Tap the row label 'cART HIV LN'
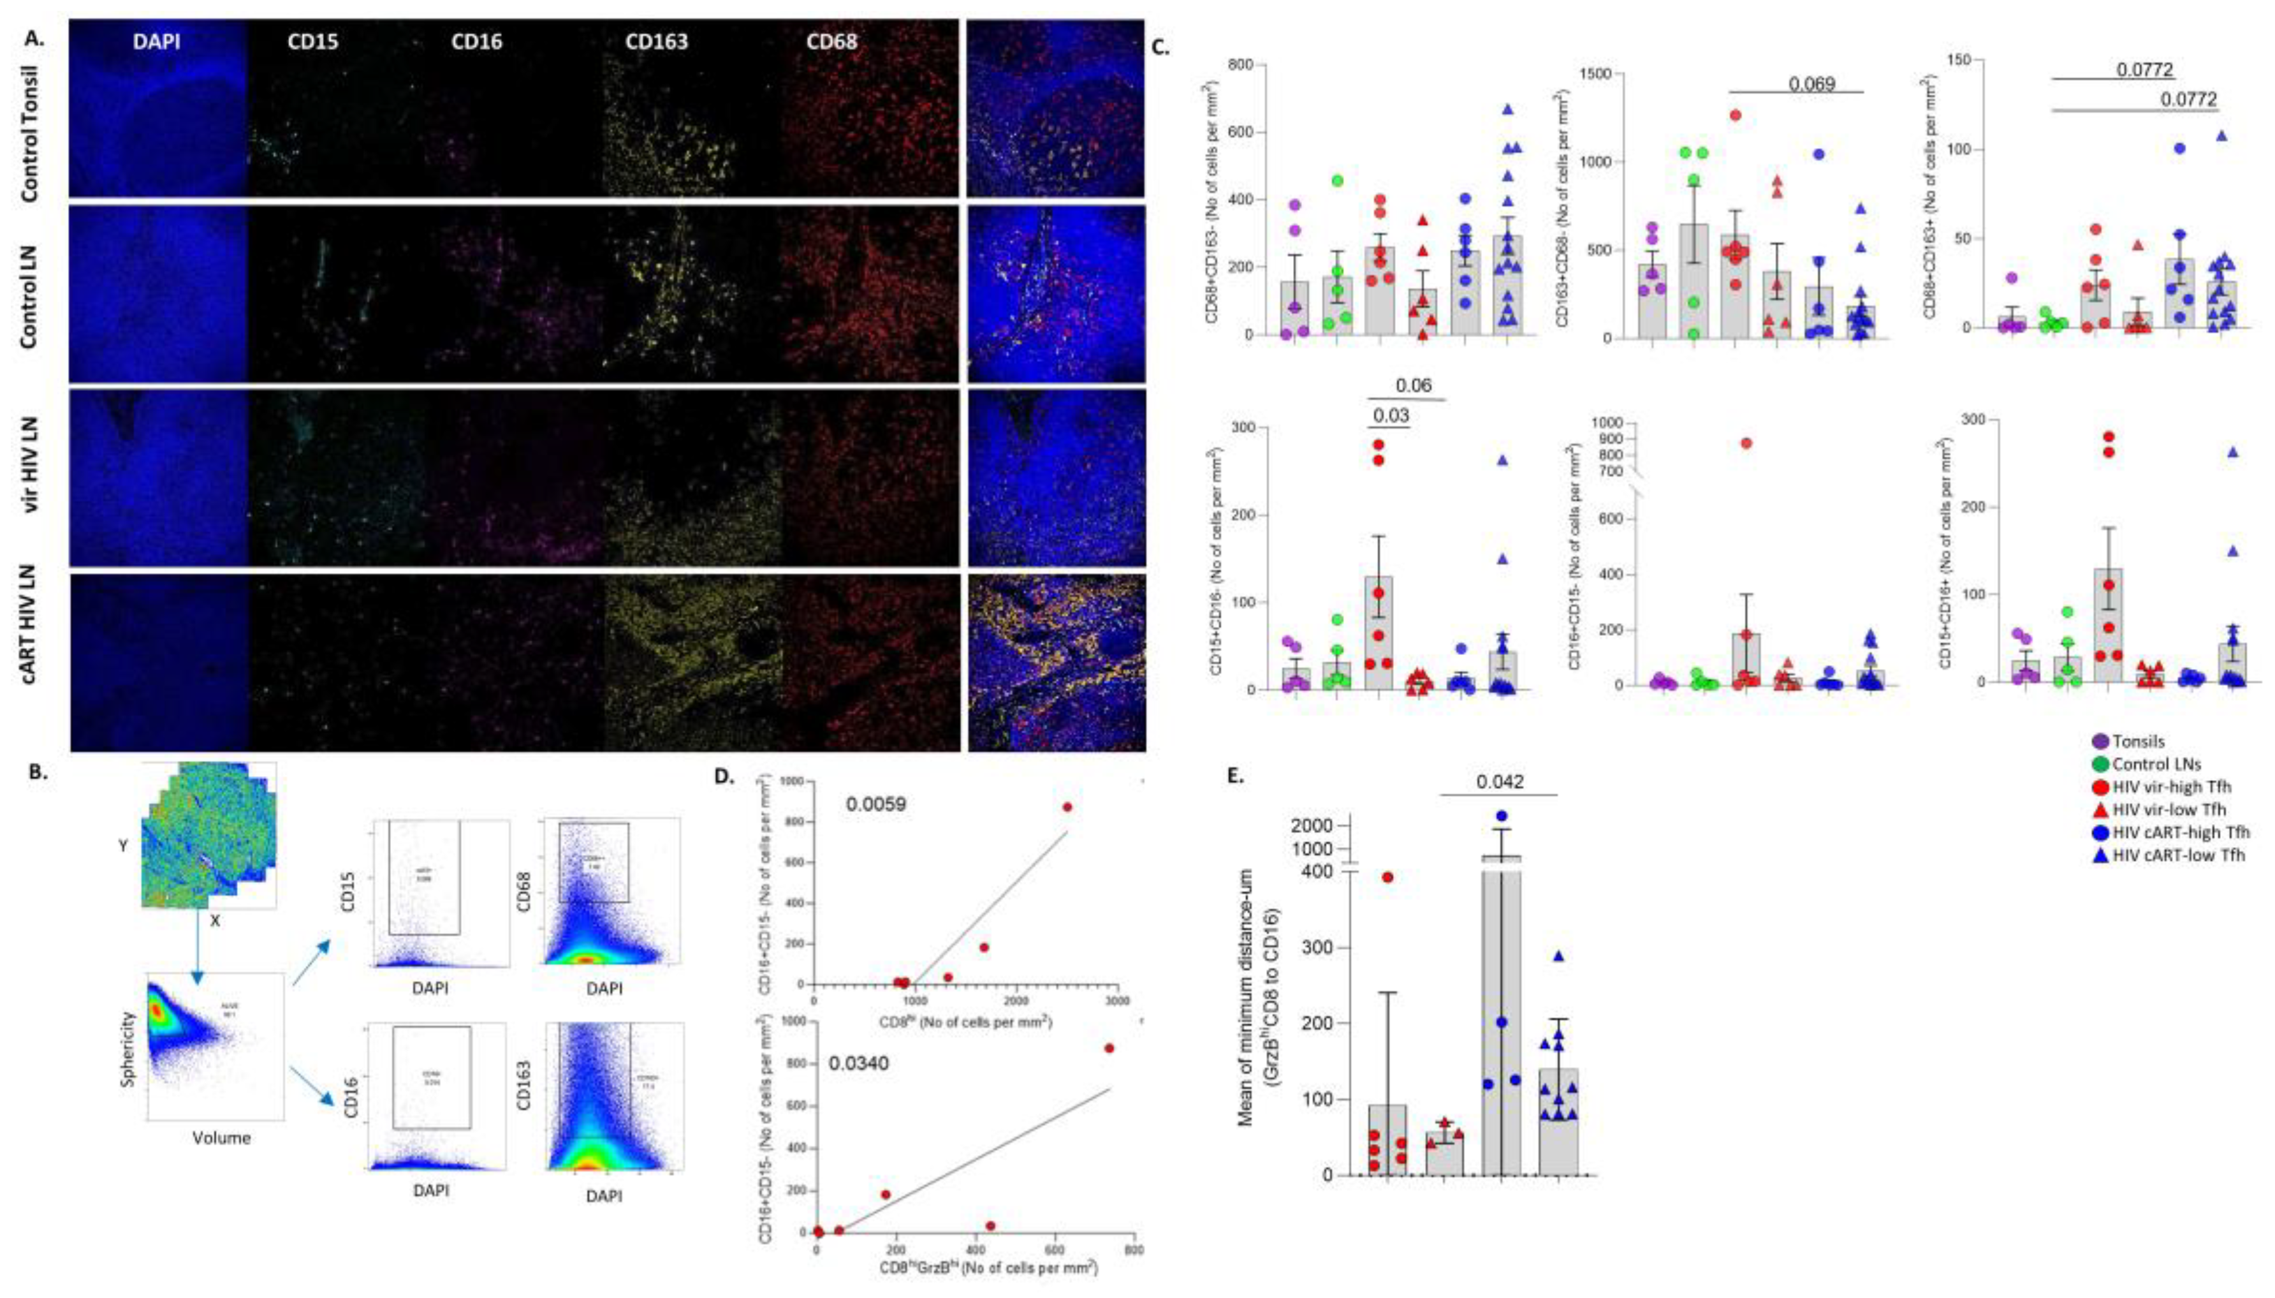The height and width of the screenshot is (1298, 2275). (34, 660)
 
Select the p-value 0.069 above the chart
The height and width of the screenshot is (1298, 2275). (1811, 85)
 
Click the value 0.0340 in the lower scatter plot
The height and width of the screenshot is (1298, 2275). (859, 1063)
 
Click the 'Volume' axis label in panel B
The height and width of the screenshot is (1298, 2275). (221, 1137)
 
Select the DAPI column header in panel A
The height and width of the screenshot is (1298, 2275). (156, 42)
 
